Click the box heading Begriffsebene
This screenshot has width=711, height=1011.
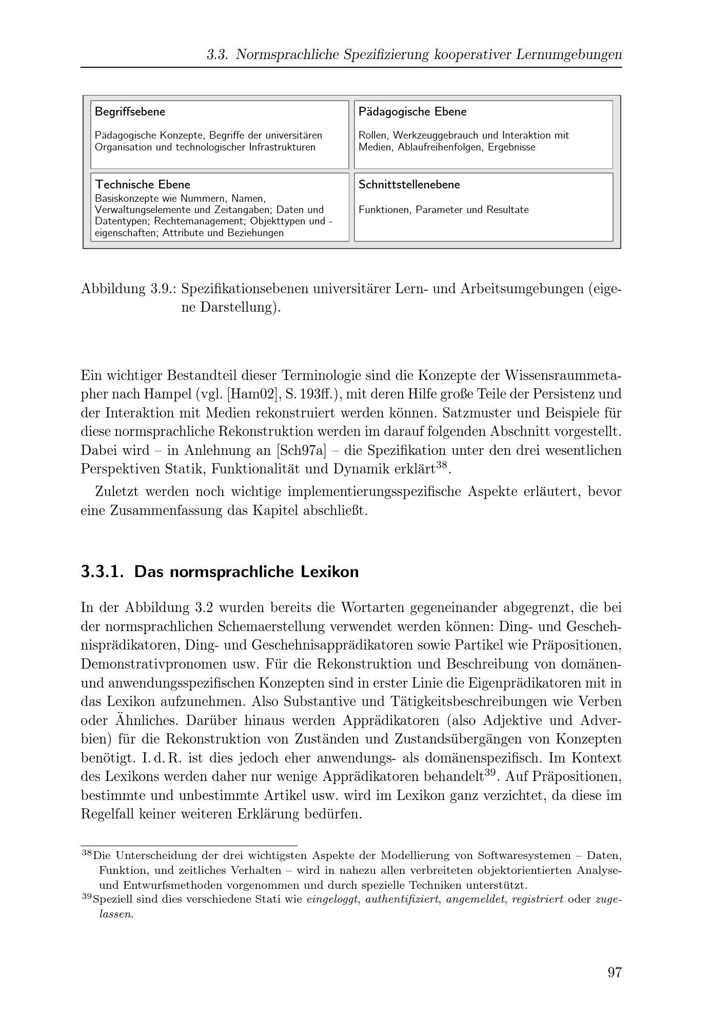click(130, 112)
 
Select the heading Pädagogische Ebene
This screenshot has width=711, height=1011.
click(412, 112)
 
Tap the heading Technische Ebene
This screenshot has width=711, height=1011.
click(143, 185)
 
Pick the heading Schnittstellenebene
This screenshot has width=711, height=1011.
click(409, 185)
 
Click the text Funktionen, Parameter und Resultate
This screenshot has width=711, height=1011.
click(443, 210)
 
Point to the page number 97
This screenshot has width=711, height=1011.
click(615, 972)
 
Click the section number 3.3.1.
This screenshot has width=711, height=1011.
click(102, 572)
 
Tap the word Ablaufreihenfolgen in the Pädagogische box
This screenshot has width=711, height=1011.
click(440, 147)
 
